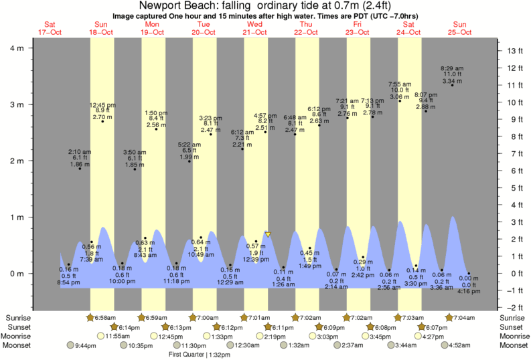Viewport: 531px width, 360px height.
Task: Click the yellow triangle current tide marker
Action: (x=268, y=234)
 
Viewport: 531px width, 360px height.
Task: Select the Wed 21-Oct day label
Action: (x=255, y=28)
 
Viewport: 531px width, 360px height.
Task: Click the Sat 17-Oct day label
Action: (x=50, y=28)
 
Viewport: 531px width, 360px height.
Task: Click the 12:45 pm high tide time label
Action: (x=102, y=105)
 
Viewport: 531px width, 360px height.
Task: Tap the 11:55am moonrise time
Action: (x=119, y=336)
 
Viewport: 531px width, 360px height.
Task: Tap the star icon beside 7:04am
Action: (x=449, y=317)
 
